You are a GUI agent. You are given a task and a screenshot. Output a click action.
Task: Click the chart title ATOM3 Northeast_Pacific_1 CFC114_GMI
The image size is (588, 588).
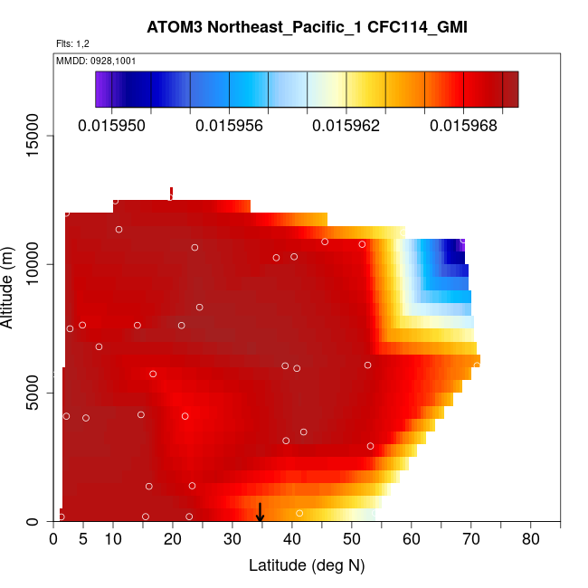307,26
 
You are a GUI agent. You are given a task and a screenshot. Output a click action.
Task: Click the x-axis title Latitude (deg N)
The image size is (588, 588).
307,565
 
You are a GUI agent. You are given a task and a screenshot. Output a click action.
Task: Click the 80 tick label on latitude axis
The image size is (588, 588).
531,540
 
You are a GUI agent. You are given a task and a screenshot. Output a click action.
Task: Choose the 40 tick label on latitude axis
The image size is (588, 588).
292,540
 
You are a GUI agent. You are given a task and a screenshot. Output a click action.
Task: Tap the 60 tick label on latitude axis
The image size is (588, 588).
412,540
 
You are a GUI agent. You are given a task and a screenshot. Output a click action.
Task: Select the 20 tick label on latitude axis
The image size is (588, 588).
173,540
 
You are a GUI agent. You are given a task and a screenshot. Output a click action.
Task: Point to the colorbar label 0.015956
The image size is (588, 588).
229,126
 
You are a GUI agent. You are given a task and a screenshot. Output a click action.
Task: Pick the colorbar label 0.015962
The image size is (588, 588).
346,126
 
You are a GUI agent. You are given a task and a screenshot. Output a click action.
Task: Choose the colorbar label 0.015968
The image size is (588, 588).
463,126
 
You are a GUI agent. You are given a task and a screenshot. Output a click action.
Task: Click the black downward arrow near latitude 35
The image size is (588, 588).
260,514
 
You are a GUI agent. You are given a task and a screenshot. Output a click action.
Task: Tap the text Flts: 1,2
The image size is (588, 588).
72,43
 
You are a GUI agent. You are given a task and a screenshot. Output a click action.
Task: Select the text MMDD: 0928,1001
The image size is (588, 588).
90,61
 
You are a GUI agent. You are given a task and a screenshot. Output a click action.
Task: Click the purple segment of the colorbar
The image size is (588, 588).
102,90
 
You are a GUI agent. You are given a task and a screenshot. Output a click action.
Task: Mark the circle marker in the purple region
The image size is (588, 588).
463,241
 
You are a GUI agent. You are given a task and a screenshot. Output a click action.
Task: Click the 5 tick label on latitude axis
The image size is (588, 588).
83,540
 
